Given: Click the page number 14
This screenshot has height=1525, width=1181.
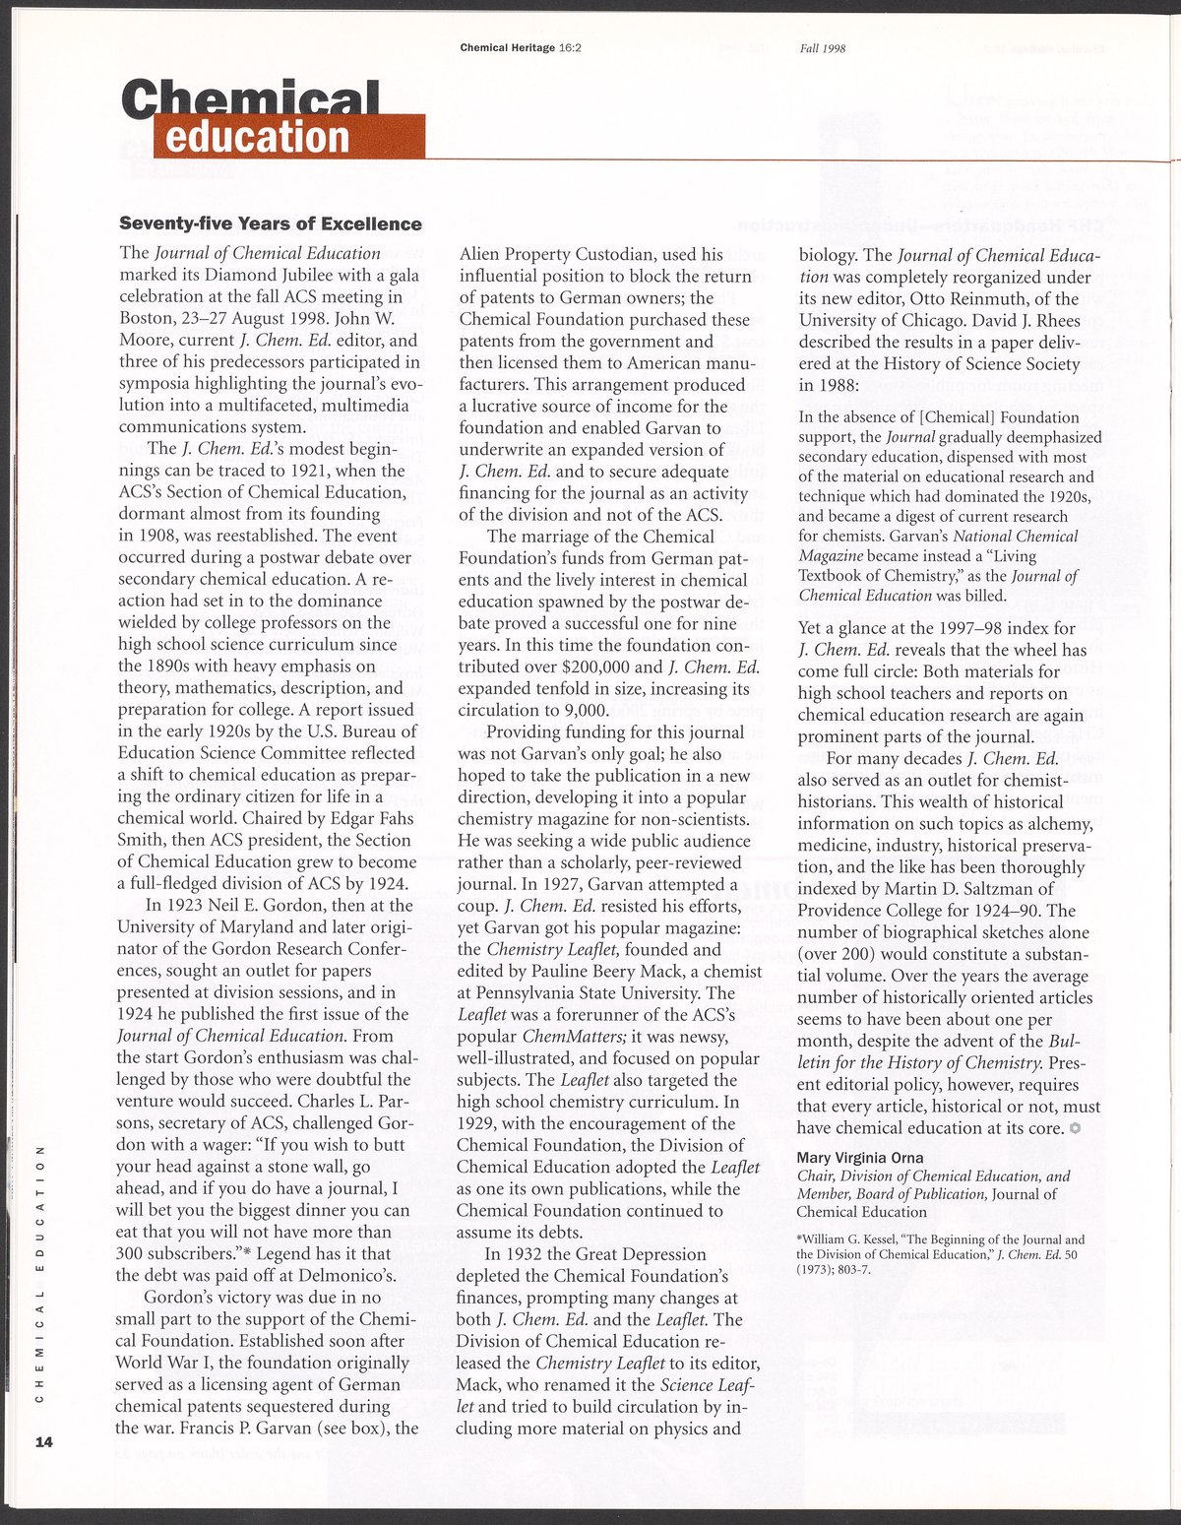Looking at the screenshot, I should click(42, 1442).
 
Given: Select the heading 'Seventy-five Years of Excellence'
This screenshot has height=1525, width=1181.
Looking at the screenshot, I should click(270, 224).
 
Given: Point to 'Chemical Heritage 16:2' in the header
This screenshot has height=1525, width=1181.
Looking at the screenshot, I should click(521, 47).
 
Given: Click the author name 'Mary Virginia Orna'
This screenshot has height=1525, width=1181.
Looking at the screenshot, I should click(860, 1158).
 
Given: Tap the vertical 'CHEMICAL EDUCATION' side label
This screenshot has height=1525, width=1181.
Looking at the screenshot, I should click(40, 1269).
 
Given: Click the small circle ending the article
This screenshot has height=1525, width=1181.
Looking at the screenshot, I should click(1076, 1128).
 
